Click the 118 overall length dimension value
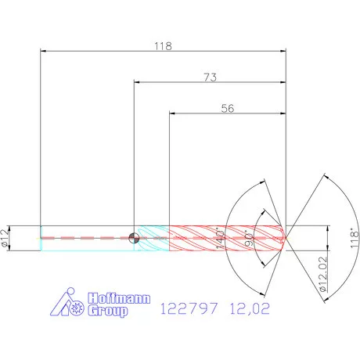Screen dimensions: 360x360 point(163,46)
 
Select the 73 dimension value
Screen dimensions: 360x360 point(210,77)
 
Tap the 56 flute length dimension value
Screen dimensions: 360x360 point(228,108)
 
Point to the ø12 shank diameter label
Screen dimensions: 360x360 point(5,238)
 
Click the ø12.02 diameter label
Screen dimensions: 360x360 point(322,274)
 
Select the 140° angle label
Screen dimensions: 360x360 point(221,239)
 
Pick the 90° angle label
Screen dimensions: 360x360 point(249,239)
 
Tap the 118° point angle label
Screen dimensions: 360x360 point(355,238)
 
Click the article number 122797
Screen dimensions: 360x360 point(189,308)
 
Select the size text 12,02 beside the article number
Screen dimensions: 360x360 point(250,308)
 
